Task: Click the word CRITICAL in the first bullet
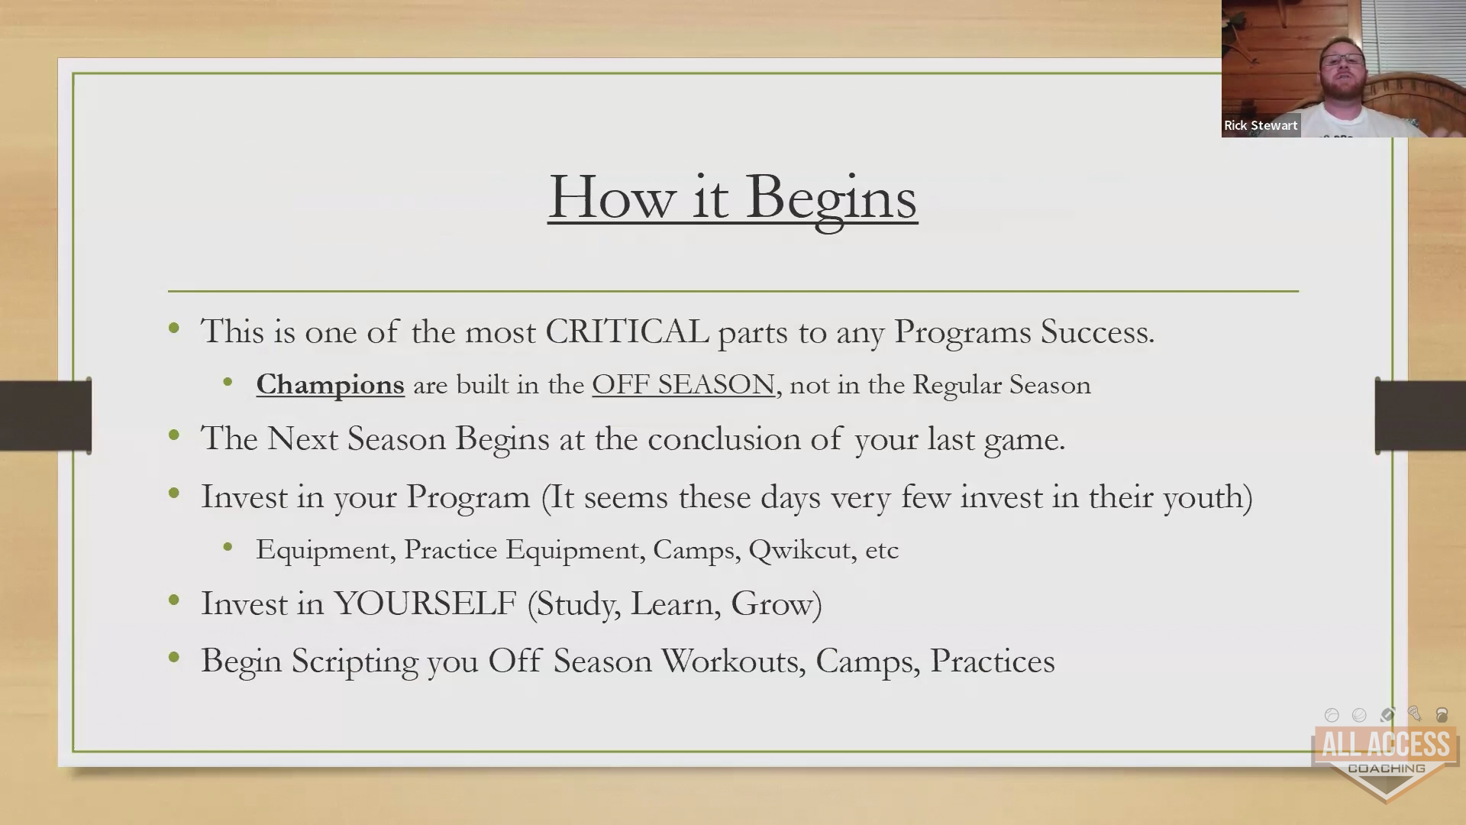(627, 332)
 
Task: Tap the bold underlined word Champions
(330, 385)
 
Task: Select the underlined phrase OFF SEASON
(683, 384)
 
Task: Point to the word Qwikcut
(799, 550)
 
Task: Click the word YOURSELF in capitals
(425, 603)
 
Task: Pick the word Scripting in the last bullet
(355, 662)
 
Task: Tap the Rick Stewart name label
(1261, 125)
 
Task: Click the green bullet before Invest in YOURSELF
(174, 601)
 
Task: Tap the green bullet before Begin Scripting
(174, 658)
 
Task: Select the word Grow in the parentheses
(772, 603)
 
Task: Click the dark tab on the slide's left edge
(46, 416)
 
